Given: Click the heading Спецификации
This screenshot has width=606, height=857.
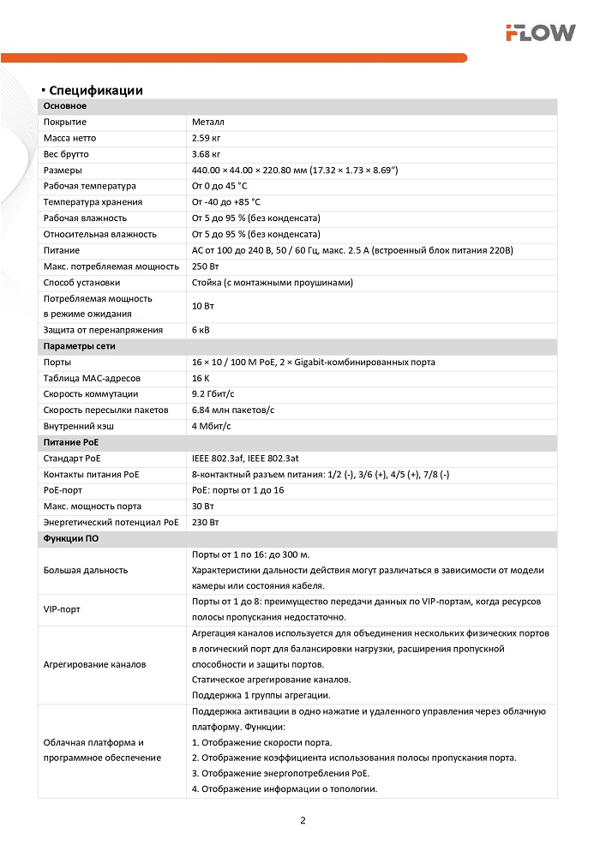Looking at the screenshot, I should (95, 90).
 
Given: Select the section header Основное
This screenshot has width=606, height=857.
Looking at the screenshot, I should (65, 106).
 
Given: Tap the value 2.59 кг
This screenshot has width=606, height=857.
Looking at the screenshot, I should (207, 138).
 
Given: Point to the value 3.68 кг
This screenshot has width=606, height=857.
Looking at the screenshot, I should (207, 154).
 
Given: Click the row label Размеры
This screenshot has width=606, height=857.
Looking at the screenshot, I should (63, 171).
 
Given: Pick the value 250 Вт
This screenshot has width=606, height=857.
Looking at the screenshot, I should (206, 267).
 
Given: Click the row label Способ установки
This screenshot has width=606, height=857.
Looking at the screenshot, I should (81, 282).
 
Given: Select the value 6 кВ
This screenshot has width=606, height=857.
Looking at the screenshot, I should (202, 330).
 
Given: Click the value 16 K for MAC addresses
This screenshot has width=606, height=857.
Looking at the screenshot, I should (201, 378).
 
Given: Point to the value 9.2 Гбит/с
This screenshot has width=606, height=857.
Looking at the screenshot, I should (214, 394).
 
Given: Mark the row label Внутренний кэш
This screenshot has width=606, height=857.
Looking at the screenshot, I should (79, 426).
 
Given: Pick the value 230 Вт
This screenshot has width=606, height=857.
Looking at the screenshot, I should (206, 522).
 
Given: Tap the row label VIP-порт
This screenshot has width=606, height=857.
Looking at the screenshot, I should (61, 609).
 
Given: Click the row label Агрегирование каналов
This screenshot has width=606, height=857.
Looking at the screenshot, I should (94, 664).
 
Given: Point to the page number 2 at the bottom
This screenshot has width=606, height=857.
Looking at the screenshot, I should (303, 820).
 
